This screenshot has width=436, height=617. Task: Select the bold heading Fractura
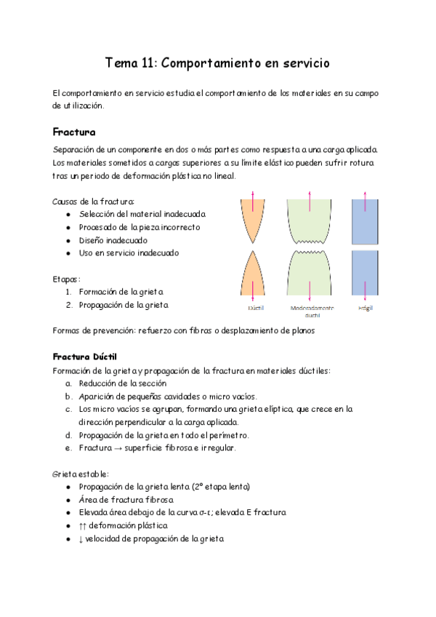pos(74,132)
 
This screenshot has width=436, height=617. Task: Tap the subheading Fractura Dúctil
pos(84,357)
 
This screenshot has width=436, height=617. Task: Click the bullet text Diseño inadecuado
pos(113,240)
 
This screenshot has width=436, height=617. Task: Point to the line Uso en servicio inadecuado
pos(129,253)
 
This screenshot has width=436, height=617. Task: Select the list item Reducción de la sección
pos(123,383)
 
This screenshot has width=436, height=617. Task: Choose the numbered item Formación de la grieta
pos(121,292)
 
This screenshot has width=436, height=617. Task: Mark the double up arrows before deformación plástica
pos(83,525)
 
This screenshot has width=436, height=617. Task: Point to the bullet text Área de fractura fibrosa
pos(126,500)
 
